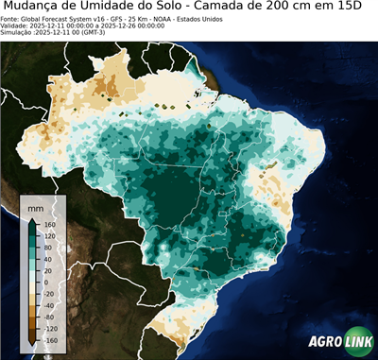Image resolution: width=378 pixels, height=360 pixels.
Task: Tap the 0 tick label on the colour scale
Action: coord(46,283)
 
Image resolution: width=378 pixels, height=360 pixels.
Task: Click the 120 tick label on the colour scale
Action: coord(49,239)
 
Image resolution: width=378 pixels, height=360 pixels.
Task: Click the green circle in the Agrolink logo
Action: coord(346,343)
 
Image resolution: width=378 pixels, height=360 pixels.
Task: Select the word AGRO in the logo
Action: coord(323,343)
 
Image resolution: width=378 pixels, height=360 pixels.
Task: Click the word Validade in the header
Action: coord(14,25)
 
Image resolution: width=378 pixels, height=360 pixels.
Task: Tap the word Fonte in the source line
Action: coord(10,18)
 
